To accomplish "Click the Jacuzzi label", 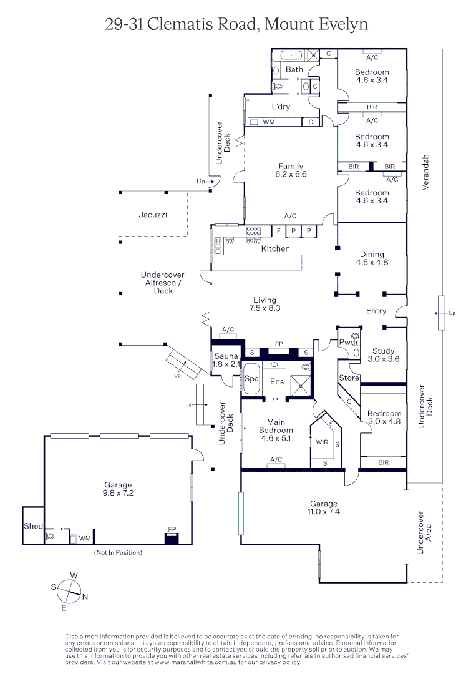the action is (153, 215).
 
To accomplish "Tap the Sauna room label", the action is (226, 356).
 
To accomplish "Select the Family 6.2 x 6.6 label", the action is (291, 170).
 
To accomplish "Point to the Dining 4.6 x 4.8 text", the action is (372, 258).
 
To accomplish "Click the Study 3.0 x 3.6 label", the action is (383, 355).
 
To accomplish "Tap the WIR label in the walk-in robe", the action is (322, 442).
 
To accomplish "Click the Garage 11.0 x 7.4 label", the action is (324, 507).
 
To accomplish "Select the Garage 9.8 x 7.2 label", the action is (118, 489).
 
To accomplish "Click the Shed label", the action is (33, 526).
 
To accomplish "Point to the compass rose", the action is (69, 592).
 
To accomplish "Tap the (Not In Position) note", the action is (118, 552).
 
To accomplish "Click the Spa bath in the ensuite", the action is (251, 379).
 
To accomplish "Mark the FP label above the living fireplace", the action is (279, 344).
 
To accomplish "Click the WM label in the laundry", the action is (269, 122).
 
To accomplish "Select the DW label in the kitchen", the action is (230, 242).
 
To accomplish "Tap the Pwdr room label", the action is (348, 343).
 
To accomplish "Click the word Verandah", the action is (425, 172).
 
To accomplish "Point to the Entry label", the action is (376, 311).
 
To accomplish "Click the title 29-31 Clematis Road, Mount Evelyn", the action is (236, 24).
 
